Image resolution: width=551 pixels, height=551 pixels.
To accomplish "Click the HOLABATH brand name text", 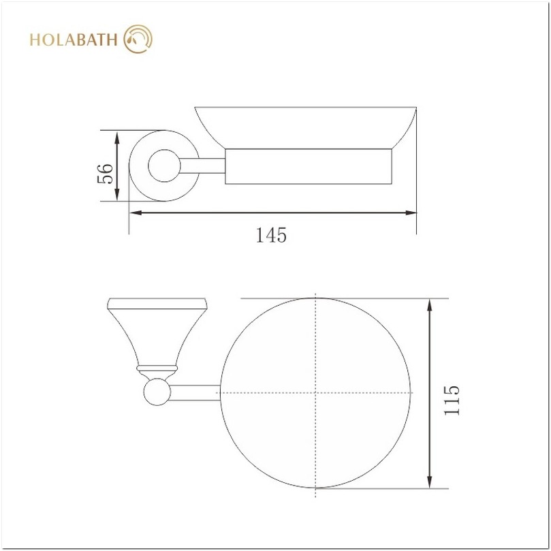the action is tap(73, 40).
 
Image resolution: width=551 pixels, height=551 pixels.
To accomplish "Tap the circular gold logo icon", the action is tap(138, 39).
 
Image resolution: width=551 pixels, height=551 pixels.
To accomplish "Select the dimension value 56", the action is tap(105, 174).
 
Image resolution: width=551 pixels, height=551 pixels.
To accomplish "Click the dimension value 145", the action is tap(271, 235).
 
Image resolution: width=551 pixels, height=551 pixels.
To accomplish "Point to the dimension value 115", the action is tap(452, 400).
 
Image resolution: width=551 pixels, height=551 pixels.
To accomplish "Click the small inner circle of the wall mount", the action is tap(164, 166).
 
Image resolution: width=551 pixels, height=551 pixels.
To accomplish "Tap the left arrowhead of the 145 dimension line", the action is tap(136, 212).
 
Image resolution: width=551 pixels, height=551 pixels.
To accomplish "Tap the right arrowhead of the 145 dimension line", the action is tap(411, 212).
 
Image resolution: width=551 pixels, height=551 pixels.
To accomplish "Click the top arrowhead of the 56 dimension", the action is tap(117, 137).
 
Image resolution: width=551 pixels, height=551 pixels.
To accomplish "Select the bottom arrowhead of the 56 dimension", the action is tap(117, 195).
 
